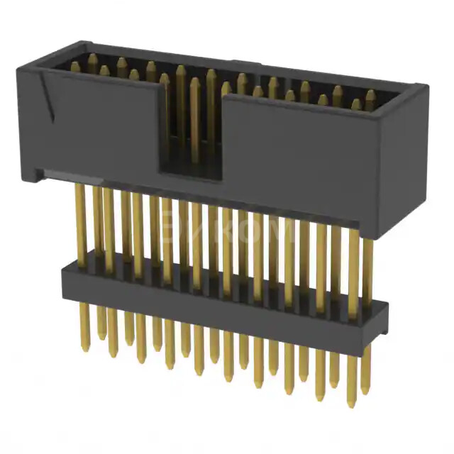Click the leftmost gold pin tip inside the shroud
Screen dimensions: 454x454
point(75,66)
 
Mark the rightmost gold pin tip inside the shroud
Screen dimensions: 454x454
point(370,95)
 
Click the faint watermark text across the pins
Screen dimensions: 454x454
point(227,231)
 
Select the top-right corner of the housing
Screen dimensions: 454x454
point(426,87)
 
